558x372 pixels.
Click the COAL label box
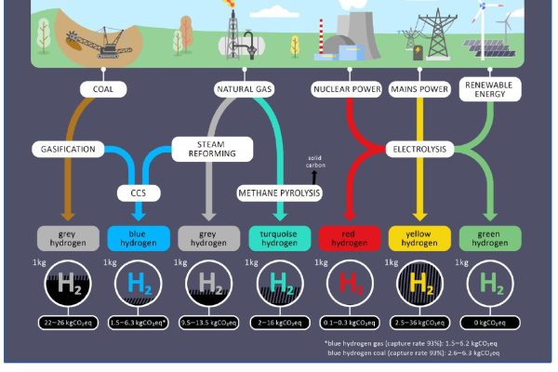pos(102,89)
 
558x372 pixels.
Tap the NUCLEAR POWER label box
pos(347,89)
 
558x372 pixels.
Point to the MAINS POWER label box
pos(418,89)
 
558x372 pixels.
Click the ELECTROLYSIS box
pos(418,149)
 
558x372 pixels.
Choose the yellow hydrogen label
pos(418,238)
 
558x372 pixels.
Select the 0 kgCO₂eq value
pos(488,322)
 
